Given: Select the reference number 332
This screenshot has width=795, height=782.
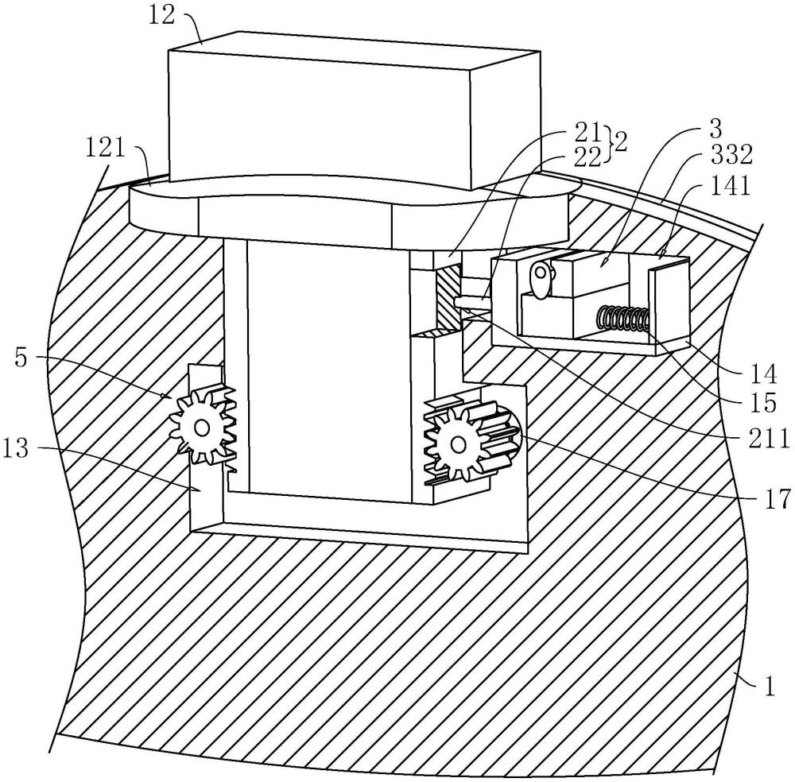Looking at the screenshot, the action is click(731, 155).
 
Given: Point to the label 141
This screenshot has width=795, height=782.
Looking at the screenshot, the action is click(730, 185).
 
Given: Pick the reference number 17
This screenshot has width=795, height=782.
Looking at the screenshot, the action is click(777, 497).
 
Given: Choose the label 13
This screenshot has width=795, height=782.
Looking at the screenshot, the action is click(15, 448).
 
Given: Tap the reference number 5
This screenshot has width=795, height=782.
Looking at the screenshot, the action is click(21, 358).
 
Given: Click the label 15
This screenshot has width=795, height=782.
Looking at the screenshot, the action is click(763, 402).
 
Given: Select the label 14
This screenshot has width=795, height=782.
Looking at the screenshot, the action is click(763, 374).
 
